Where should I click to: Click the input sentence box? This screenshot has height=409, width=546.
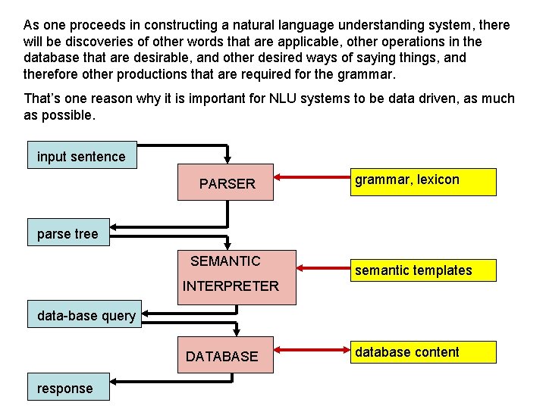point(82,155)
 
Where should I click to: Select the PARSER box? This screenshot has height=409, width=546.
point(225,183)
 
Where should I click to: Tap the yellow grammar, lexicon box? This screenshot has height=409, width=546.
point(423,182)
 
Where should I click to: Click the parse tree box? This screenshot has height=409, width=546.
point(67,233)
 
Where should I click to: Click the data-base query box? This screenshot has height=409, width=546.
point(86,315)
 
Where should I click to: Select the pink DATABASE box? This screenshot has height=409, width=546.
point(225,356)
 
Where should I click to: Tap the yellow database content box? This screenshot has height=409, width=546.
point(423,352)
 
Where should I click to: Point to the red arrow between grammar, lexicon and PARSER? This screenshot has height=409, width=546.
point(311,179)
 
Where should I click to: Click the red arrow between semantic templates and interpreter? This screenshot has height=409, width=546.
point(322,267)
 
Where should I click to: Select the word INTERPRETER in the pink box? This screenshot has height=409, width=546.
point(231,286)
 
